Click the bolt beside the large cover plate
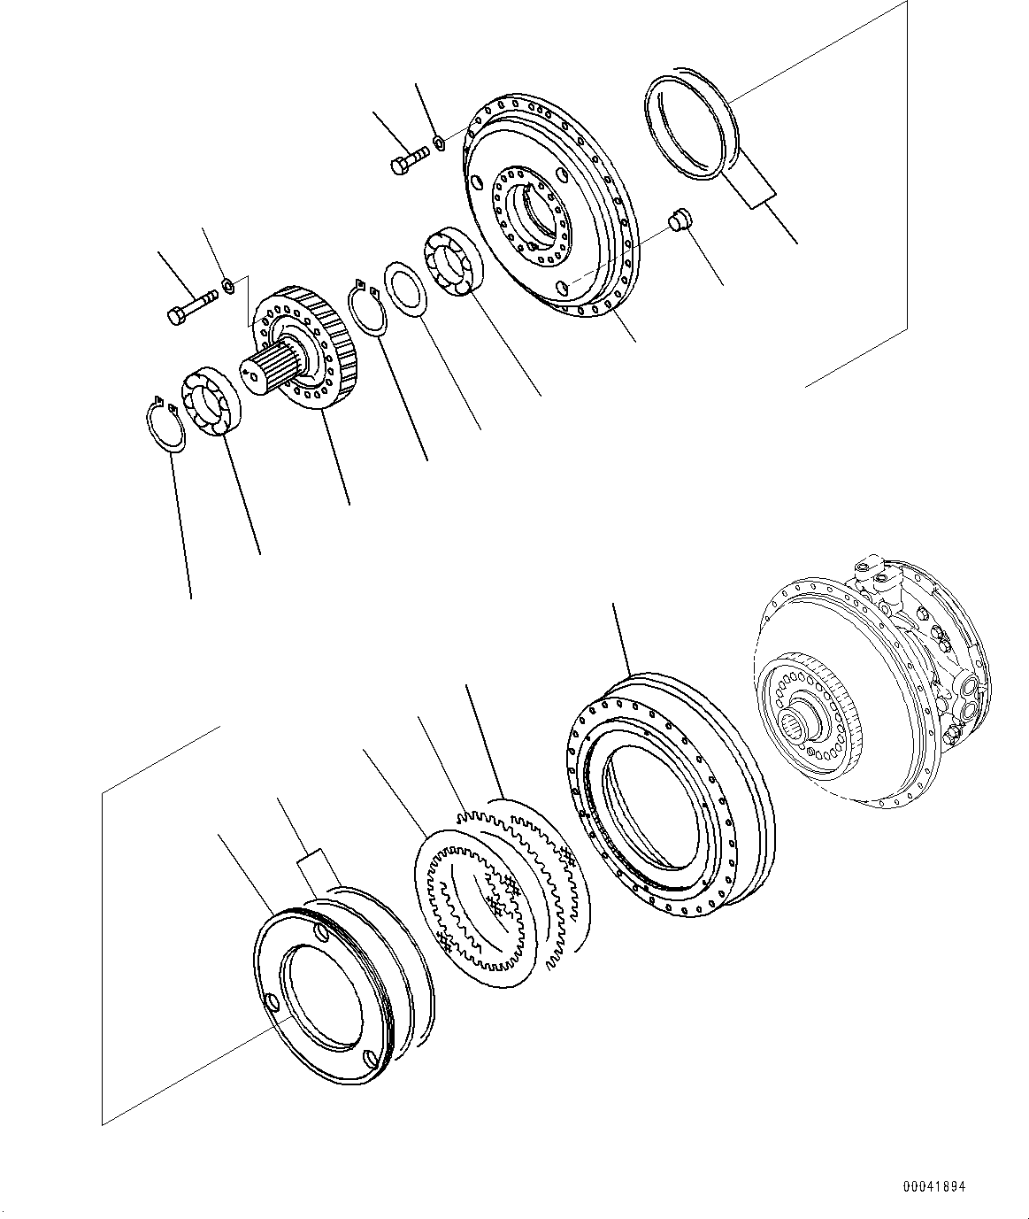408,161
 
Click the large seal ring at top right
689,127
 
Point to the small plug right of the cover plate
680,220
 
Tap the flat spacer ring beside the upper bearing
405,288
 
